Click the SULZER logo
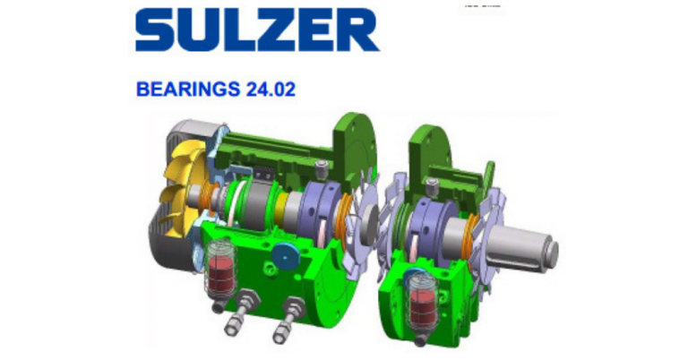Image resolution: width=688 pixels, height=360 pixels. (257, 30)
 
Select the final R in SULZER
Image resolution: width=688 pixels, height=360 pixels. (357, 30)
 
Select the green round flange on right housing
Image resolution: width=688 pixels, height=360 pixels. (427, 143)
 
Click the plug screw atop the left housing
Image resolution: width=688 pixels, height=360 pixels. (322, 167)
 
